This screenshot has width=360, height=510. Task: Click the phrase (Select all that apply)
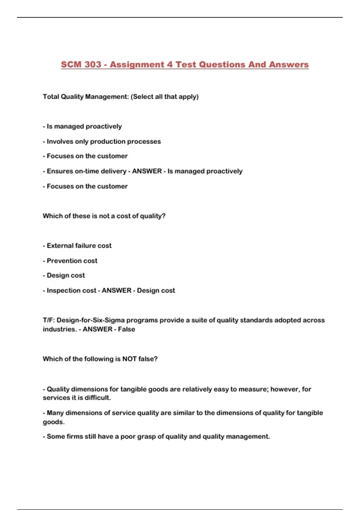(165, 97)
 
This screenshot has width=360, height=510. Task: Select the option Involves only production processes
(103, 141)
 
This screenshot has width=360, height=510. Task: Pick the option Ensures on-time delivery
(86, 171)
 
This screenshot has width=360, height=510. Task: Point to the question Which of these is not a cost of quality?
(104, 216)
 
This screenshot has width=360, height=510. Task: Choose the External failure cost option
(79, 246)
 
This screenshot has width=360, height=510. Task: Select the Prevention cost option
(72, 261)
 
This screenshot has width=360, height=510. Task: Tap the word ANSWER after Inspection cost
(117, 290)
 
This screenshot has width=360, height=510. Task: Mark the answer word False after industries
(126, 329)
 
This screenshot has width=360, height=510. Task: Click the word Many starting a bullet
(55, 413)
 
